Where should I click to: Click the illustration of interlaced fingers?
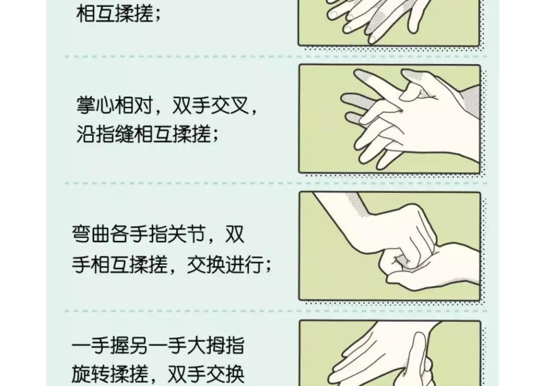click(390, 119)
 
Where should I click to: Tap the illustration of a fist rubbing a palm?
click(390, 245)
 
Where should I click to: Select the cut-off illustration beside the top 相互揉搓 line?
click(390, 22)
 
